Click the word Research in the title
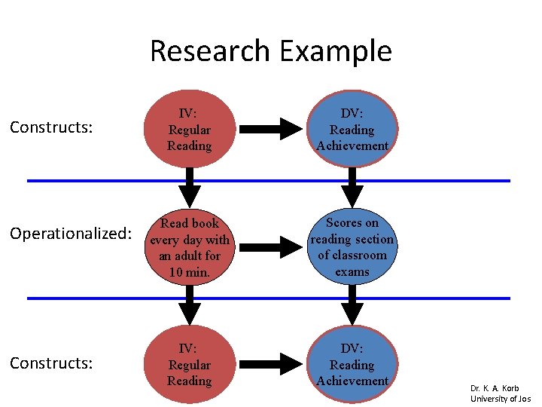pos(210,51)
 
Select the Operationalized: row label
pos(70,234)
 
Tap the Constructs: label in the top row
pos(51,127)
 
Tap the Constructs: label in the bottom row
pos(51,363)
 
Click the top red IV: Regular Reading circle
pos(190,129)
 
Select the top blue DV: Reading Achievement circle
pos(352,129)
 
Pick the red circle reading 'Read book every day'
pos(190,246)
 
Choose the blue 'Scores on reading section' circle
pos(352,246)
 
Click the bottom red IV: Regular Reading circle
pos(190,365)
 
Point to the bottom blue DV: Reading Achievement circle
pos(352,365)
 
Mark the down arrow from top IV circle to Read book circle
pos(190,188)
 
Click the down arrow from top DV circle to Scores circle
pos(352,188)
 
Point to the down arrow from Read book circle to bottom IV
pos(190,306)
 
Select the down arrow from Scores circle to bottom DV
pos(352,306)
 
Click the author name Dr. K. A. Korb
pos(495,388)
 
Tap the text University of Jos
pos(501,399)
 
